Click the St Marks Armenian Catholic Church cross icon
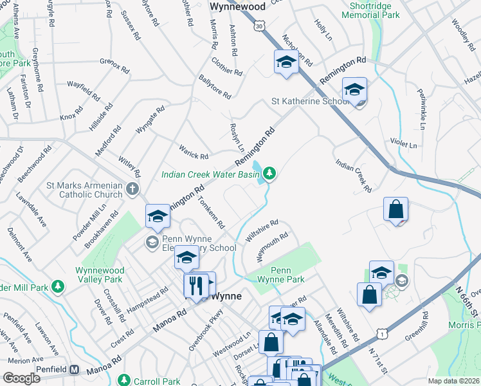132,189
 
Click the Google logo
21,378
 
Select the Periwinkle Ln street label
422,102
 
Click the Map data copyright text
454,381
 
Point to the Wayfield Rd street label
83,91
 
